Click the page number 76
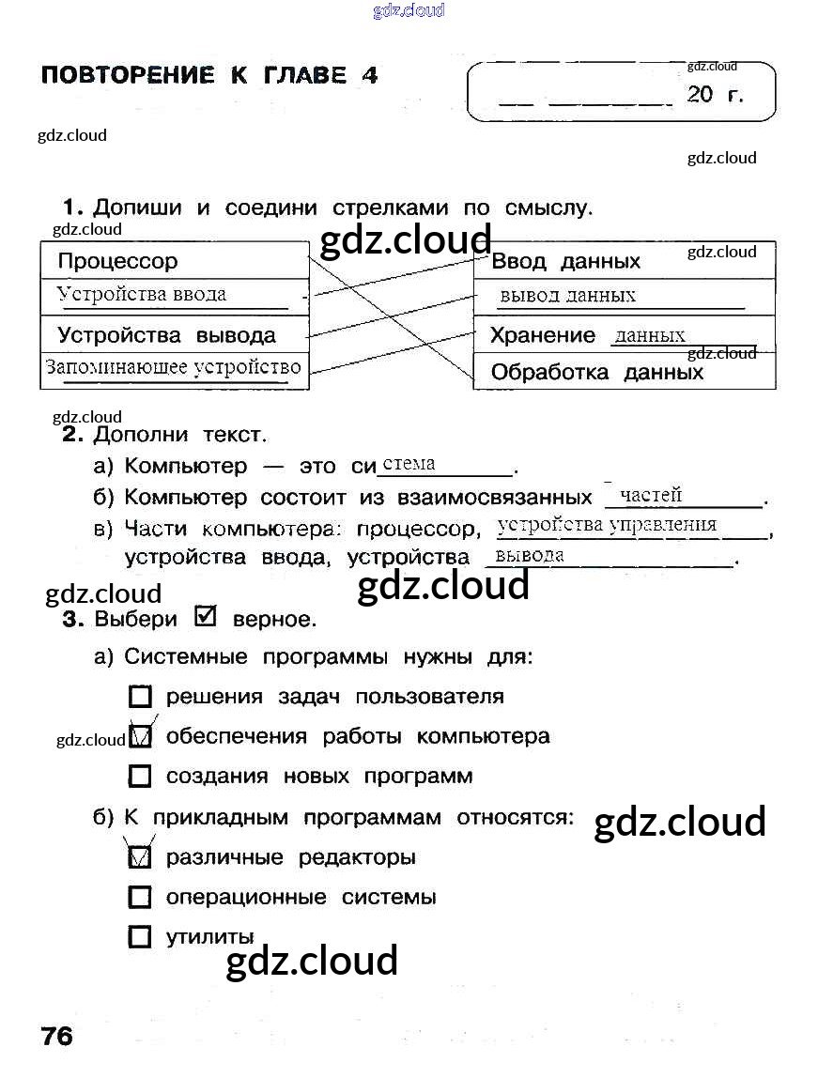(x=56, y=1037)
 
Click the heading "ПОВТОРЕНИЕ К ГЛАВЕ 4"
(x=209, y=76)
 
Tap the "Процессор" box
(x=175, y=261)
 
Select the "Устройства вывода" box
(x=175, y=335)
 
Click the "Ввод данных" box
(x=625, y=261)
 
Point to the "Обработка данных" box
(x=625, y=372)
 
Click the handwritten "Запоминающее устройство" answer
(x=174, y=367)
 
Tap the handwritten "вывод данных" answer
(x=567, y=295)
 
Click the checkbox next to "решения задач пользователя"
(x=139, y=697)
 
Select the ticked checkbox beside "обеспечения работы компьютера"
(x=140, y=737)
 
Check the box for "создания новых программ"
(x=139, y=777)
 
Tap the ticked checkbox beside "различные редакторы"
(x=139, y=856)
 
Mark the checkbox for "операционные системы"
(x=139, y=898)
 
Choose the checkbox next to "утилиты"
(x=139, y=937)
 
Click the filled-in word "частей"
(x=651, y=495)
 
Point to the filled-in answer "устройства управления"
(x=607, y=525)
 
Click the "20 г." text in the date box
(x=715, y=94)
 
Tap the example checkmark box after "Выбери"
(x=205, y=617)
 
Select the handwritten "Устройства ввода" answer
(x=142, y=294)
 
